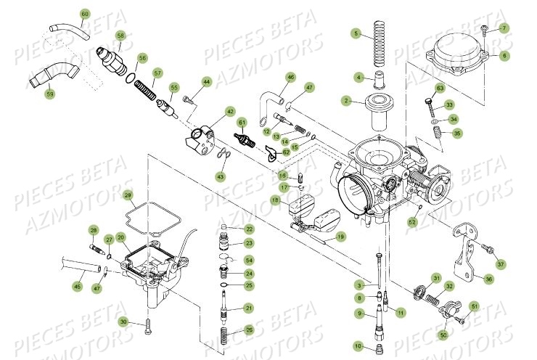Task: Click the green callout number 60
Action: coord(85,14)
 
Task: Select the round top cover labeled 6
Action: coord(459,56)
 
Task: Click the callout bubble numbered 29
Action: coord(128,196)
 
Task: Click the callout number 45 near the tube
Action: coord(77,287)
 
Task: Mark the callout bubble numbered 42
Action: coord(230,112)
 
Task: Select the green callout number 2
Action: coord(347,101)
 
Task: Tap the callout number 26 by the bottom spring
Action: coord(249,330)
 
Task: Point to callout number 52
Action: coord(413,222)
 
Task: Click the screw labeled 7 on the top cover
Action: coord(484,28)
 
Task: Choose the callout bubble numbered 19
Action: coord(340,236)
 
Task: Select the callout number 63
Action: coord(439,88)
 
